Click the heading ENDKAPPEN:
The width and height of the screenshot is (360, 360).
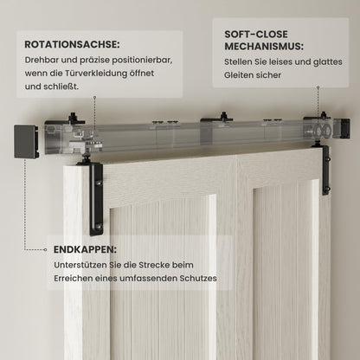click(x=81, y=247)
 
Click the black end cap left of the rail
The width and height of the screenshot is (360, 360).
click(x=26, y=141)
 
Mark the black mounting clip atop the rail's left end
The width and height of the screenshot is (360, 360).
click(x=74, y=118)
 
